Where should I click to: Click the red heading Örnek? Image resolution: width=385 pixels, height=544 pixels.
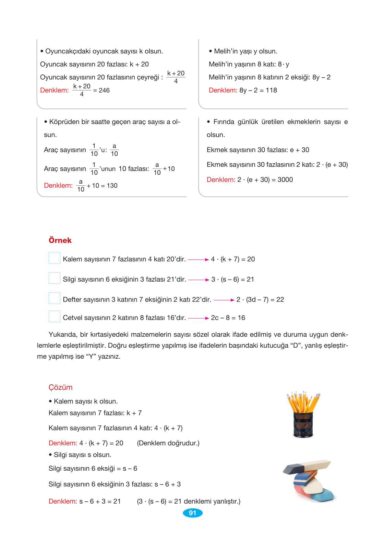tap(60, 240)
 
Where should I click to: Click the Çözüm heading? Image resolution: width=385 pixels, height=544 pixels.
tap(60, 387)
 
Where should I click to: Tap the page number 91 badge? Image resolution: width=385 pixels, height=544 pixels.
tap(193, 513)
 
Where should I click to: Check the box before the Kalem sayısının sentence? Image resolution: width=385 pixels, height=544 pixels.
tap(55, 258)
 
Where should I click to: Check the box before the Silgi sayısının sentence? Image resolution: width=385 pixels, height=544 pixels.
tap(55, 278)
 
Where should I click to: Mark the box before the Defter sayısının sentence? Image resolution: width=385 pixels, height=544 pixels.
tap(55, 298)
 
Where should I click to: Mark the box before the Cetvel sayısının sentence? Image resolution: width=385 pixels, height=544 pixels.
tap(55, 317)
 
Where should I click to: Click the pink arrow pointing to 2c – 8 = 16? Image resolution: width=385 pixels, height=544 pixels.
tap(198, 318)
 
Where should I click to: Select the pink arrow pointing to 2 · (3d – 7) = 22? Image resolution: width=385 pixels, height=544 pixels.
tap(224, 300)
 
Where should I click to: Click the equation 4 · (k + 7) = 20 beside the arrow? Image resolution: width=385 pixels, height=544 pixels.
tap(233, 259)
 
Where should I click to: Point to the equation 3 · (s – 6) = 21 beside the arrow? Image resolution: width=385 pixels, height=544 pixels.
tap(232, 280)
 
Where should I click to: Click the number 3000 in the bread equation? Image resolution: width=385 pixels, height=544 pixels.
tap(285, 180)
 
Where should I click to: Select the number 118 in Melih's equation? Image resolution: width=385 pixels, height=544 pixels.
tap(271, 90)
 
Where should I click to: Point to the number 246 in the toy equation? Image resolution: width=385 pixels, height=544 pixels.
tap(104, 90)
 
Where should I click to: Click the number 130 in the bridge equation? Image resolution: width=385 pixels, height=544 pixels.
tap(112, 186)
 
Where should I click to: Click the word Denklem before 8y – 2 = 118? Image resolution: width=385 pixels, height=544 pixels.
tap(223, 90)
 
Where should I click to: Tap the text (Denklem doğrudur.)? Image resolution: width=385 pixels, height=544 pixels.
tap(168, 443)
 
